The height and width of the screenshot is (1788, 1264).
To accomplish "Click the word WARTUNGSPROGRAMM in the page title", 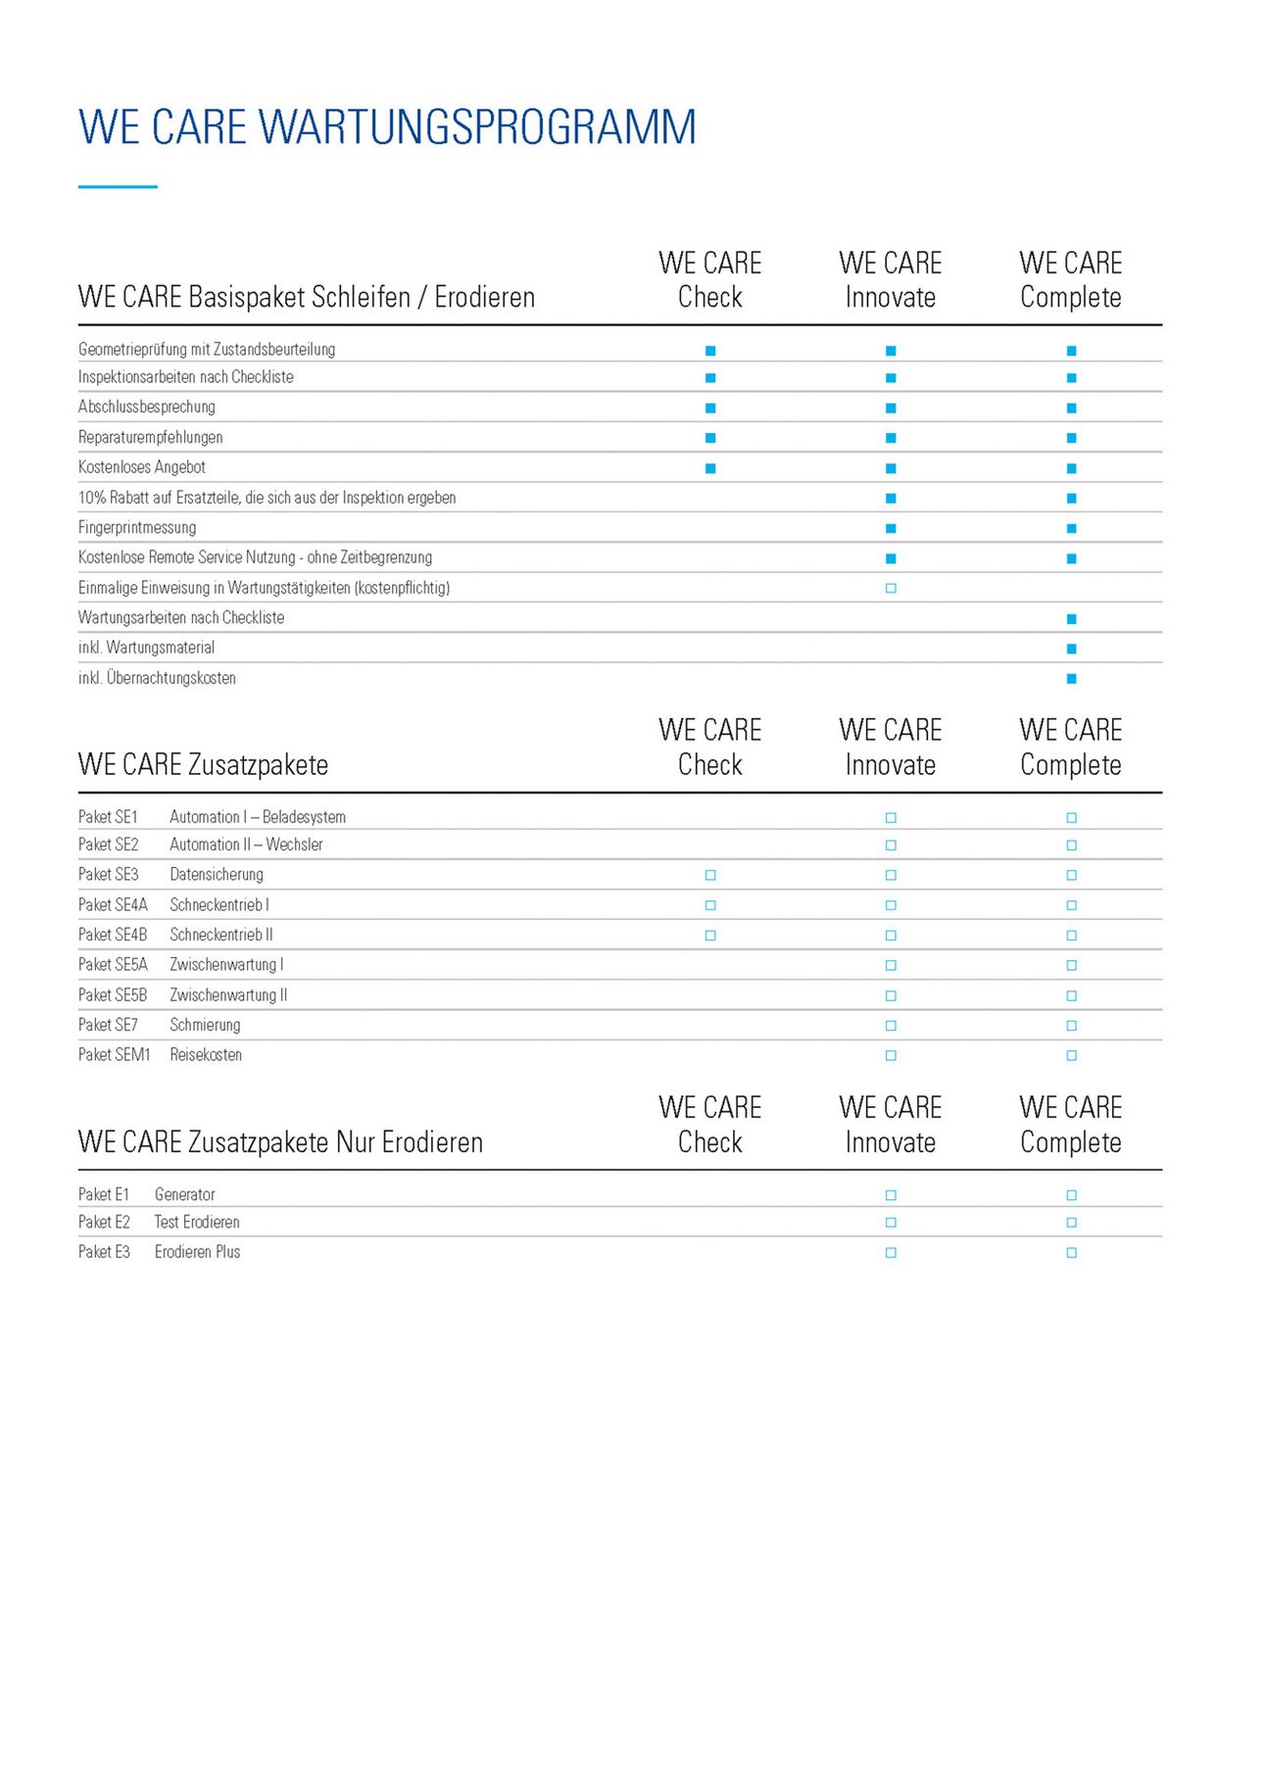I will [x=477, y=127].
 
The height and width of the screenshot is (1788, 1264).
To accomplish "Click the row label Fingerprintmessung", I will [x=137, y=528].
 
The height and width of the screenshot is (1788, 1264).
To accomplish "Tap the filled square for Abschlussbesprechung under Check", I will [x=710, y=408].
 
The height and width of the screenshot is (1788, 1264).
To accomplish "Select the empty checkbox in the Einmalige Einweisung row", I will [x=891, y=589].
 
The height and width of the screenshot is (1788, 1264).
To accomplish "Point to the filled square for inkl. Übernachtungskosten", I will [x=1071, y=679].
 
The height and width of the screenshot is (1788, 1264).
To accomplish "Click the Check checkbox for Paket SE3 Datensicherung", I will [x=710, y=875].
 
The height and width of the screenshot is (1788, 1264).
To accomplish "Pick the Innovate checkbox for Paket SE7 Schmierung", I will [x=891, y=1026].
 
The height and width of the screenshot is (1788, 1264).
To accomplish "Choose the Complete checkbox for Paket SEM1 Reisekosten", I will [x=1071, y=1056].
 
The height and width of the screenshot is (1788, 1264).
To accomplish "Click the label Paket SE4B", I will [x=113, y=935].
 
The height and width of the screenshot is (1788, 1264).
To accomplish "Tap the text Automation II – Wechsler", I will [x=246, y=845].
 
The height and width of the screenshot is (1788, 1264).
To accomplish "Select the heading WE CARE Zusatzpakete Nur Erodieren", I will [x=280, y=1142].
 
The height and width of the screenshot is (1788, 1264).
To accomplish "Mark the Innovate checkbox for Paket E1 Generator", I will [x=891, y=1195].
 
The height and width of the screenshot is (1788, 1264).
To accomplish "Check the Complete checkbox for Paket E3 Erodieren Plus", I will [x=1071, y=1253].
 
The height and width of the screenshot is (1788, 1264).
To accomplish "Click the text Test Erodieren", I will [x=197, y=1223].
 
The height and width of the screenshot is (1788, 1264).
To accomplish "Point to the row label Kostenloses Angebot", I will [x=142, y=467].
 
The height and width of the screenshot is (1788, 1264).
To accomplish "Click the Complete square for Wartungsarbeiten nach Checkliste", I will [x=1071, y=619].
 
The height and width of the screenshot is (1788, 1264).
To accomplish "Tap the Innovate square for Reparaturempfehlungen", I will [x=891, y=438].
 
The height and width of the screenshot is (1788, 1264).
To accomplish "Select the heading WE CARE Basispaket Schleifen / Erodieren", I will [x=307, y=297].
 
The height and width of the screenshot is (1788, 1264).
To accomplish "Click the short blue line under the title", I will [x=118, y=186].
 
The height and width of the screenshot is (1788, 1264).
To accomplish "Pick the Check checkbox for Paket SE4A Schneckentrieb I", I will [x=710, y=905].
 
